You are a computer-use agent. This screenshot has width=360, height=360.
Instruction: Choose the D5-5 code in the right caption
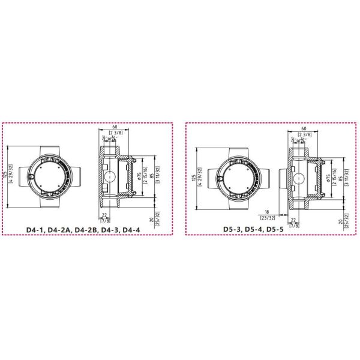281,229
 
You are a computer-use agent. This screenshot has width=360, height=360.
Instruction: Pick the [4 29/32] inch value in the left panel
10,178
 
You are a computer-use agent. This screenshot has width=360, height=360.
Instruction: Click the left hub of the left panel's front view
25,178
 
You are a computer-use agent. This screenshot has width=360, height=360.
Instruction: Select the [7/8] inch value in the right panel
294,226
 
